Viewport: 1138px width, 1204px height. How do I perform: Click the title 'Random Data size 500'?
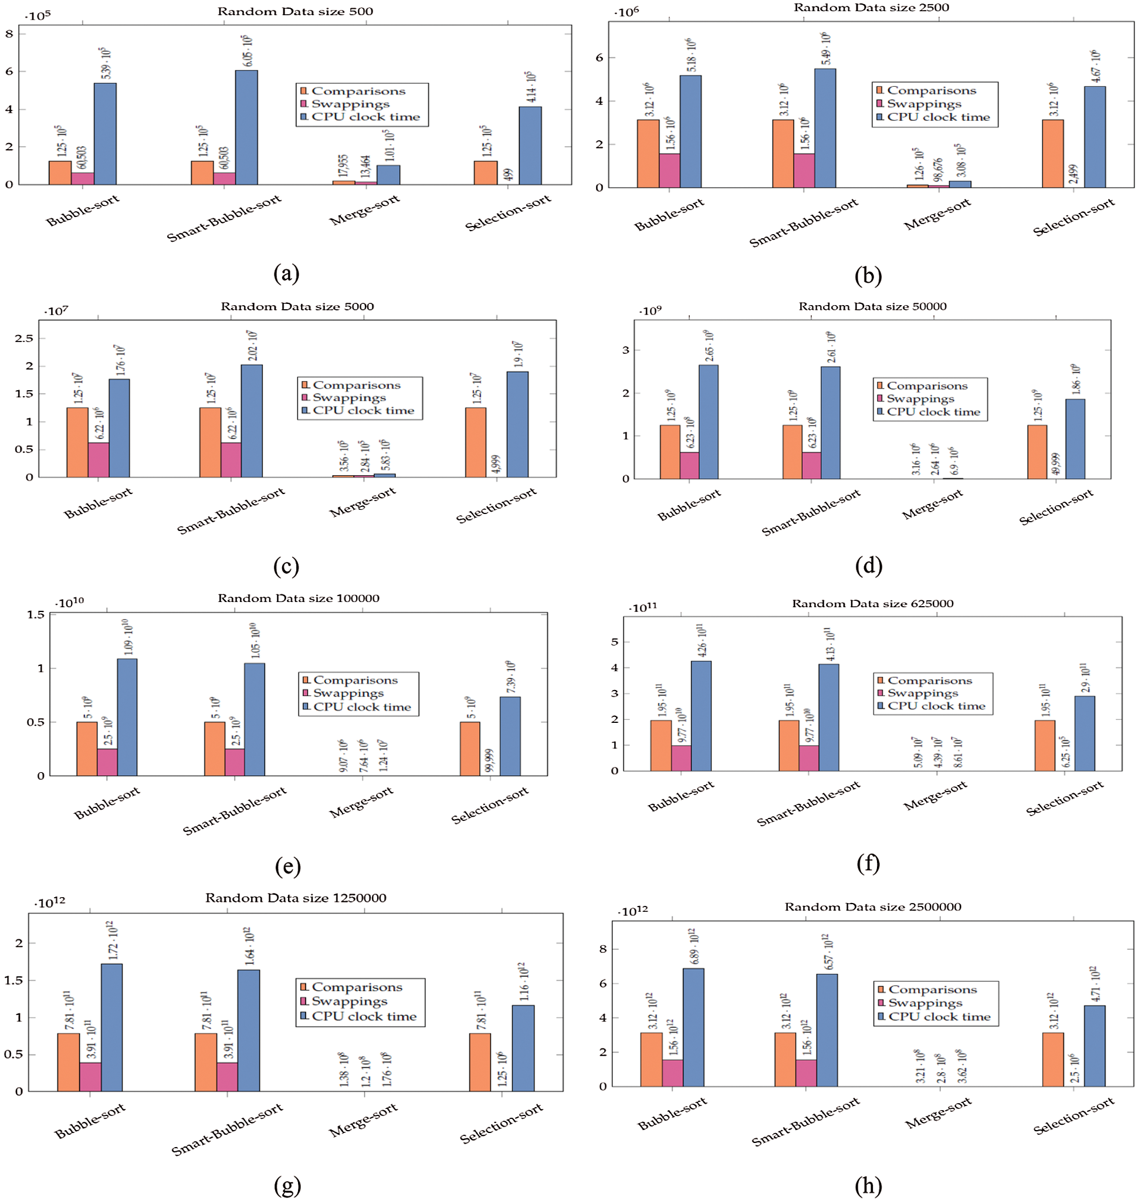pos(296,12)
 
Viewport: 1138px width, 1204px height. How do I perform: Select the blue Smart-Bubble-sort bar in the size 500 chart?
pos(246,127)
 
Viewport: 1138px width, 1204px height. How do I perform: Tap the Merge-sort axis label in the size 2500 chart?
pos(937,214)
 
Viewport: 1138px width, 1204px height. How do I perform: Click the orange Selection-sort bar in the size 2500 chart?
pos(1052,154)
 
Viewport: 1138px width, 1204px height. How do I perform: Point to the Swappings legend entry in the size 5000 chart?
pos(349,398)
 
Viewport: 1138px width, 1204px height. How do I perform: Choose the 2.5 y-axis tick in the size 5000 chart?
pos(24,339)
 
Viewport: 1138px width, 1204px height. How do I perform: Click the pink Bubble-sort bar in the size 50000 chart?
pos(689,465)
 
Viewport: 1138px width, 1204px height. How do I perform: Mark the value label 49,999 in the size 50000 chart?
pos(1055,464)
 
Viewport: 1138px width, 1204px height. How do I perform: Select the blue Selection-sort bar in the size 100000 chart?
pos(510,736)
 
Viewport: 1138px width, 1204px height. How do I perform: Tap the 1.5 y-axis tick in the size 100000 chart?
pos(36,615)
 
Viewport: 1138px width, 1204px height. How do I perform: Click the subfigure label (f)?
pos(868,863)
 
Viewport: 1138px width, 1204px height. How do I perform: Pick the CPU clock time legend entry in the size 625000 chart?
pos(936,706)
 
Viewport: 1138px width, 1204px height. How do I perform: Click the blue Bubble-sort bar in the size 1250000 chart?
pos(111,1027)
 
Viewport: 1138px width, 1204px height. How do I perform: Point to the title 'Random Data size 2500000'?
pos(872,907)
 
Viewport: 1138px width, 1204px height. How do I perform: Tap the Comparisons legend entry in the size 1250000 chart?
pos(357,987)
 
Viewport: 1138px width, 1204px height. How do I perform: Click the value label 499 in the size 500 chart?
pos(509,174)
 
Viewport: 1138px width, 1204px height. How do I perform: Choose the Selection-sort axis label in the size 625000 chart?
pos(1065,799)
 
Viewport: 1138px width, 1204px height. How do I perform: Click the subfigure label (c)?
pos(286,566)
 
